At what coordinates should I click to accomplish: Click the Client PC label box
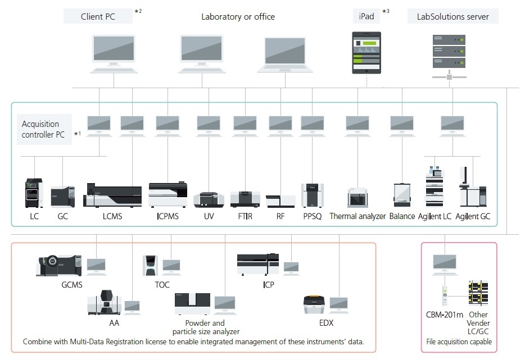point(98,16)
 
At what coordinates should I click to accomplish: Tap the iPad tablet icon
point(366,53)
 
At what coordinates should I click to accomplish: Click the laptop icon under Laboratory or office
point(285,54)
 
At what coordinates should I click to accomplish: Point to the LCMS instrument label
point(112,216)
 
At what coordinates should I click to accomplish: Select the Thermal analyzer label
point(357,216)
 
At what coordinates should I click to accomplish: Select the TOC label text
point(162,285)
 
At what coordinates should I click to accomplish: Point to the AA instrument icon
point(105,303)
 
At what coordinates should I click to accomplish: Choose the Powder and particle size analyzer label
point(205,327)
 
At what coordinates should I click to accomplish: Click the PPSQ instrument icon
point(312,195)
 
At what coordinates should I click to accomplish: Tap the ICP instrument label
point(269,285)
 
